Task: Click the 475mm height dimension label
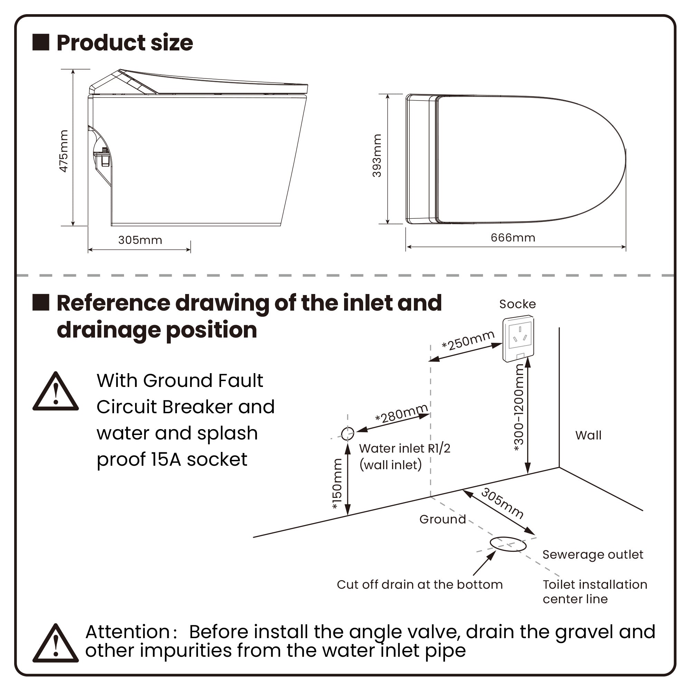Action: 64,151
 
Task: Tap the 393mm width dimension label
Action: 377,155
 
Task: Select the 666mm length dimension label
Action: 512,238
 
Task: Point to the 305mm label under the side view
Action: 140,240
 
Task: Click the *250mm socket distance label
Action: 468,341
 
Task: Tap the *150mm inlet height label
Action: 337,484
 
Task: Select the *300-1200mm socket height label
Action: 518,408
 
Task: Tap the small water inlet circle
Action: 347,434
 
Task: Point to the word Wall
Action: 588,435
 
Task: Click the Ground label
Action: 443,519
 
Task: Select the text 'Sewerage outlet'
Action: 593,555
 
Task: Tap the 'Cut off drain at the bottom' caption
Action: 419,585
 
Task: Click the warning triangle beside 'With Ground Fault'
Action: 55,393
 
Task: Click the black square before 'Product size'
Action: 41,42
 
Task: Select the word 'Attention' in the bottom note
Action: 127,632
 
